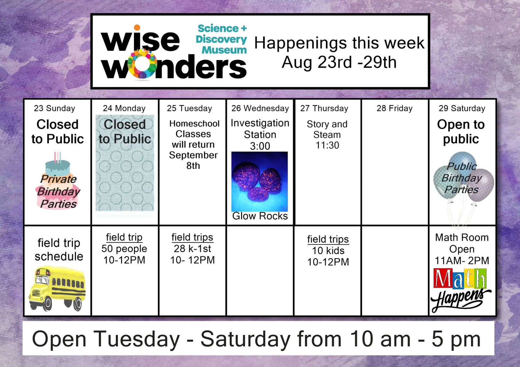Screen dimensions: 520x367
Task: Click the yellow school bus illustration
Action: (x=57, y=289)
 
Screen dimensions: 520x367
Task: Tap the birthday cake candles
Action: (x=58, y=157)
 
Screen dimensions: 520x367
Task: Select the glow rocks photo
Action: (x=260, y=181)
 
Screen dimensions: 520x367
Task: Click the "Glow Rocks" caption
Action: (x=260, y=216)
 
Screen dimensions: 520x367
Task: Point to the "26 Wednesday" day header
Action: (x=260, y=108)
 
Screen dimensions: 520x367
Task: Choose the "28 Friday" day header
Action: (x=394, y=108)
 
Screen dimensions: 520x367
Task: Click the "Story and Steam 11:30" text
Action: (x=327, y=135)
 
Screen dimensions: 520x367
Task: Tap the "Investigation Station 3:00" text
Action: (x=260, y=135)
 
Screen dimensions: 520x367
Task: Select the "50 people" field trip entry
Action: (x=124, y=249)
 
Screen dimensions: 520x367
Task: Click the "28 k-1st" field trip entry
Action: (x=193, y=249)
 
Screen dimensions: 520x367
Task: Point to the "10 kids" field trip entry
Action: (x=328, y=251)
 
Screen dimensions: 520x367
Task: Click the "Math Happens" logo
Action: (x=461, y=290)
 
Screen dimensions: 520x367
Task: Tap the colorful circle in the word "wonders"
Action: (x=142, y=64)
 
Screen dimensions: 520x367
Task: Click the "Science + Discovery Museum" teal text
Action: (x=221, y=39)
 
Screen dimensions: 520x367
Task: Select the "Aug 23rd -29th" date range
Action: (x=339, y=62)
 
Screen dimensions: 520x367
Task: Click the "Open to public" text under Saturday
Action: (x=461, y=132)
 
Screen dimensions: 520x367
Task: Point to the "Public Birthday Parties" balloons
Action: (x=463, y=177)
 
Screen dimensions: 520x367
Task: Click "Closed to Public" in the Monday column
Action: (x=125, y=132)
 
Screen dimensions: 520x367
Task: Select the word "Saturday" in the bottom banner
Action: (x=246, y=339)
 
